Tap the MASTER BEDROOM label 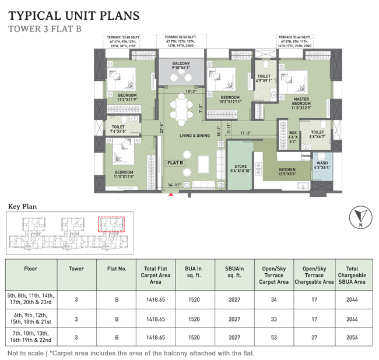click(293, 103)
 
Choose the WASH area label click(322, 165)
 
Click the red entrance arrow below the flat click(170, 195)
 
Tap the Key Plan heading click(22, 206)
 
